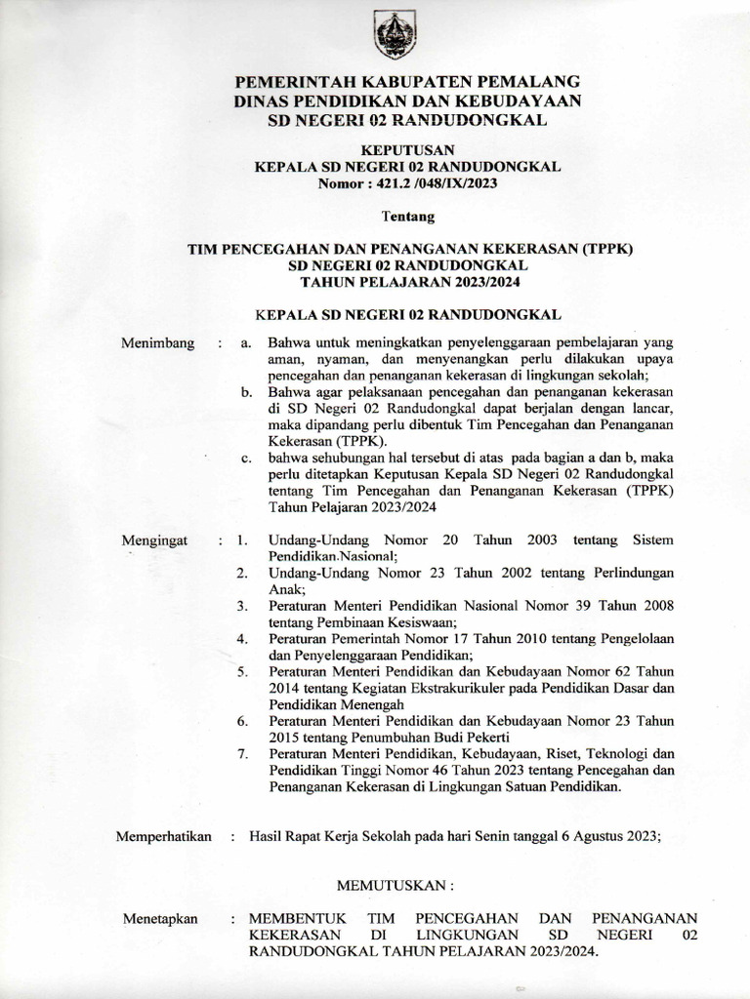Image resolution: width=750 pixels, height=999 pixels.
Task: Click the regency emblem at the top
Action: click(396, 34)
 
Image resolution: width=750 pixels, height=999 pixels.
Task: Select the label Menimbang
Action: click(157, 343)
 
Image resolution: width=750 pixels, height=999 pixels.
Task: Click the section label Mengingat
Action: click(157, 539)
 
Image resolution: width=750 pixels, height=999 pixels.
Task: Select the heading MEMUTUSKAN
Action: click(396, 887)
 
